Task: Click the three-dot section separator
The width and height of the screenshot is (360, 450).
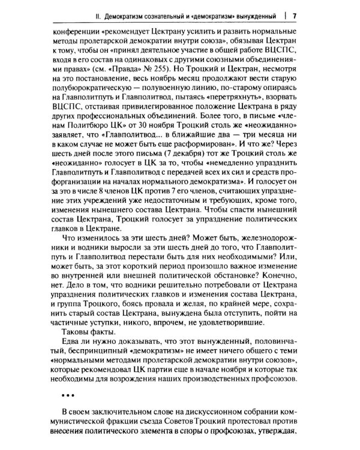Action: (x=70, y=397)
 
